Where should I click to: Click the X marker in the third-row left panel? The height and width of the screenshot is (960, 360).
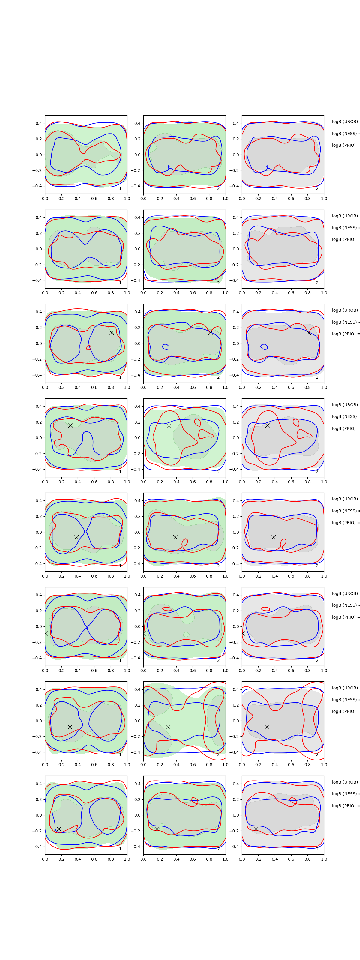click(x=111, y=333)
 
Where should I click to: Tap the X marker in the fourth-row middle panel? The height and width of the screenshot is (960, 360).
click(x=169, y=425)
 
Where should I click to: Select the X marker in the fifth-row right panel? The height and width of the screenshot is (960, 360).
click(x=274, y=537)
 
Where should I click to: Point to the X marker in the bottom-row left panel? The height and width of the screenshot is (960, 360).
click(x=59, y=829)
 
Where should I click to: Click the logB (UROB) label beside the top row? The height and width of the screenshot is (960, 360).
click(x=345, y=121)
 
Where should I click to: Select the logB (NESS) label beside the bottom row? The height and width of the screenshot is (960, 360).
click(x=345, y=794)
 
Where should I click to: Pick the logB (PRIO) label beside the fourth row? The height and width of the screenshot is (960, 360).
click(x=345, y=428)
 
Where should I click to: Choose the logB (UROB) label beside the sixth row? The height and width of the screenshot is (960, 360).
click(x=345, y=593)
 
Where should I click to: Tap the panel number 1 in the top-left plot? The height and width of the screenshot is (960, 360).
click(x=120, y=189)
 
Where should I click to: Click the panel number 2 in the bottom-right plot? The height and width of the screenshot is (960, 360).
click(x=317, y=849)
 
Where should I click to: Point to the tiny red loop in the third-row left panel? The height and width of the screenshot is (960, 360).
click(x=89, y=348)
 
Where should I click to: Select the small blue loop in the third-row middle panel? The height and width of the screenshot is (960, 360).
click(x=166, y=347)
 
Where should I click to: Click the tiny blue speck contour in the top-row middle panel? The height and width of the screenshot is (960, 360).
click(x=169, y=166)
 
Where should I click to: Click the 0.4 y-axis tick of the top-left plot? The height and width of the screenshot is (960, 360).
click(x=39, y=123)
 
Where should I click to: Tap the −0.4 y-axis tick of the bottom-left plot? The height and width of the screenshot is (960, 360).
click(x=37, y=847)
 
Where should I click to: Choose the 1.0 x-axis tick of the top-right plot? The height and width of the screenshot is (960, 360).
click(x=324, y=199)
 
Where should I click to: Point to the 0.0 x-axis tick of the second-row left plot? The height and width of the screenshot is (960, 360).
click(x=45, y=293)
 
